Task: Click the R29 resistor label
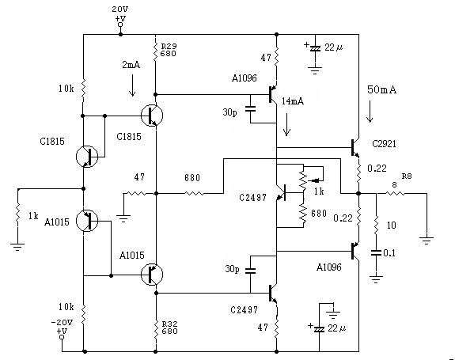[x=169, y=46]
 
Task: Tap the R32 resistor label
[x=169, y=324]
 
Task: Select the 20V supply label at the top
[x=119, y=9]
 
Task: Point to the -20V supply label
[x=62, y=322]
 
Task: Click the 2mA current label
[x=131, y=64]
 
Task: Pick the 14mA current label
[x=293, y=101]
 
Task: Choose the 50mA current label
[x=381, y=89]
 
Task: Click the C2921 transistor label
[x=384, y=143]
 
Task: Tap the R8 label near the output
[x=407, y=176]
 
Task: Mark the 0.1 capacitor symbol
[x=376, y=252]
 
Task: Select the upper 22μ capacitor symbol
[x=315, y=48]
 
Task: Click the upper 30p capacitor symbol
[x=250, y=109]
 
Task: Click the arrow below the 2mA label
[x=132, y=85]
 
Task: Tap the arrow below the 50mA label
[x=370, y=112]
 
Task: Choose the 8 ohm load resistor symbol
[x=395, y=193]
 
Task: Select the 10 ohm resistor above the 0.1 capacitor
[x=376, y=225]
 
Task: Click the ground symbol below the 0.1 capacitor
[x=376, y=279]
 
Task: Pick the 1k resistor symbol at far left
[x=17, y=214]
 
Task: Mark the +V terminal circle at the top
[x=120, y=25]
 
